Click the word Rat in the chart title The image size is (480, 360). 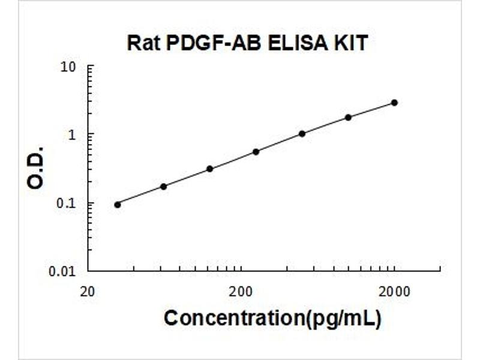click(143, 44)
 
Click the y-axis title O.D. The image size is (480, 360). click(37, 167)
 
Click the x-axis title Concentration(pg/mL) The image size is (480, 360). click(272, 318)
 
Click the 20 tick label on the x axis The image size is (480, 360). click(88, 292)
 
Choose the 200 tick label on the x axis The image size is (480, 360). click(241, 292)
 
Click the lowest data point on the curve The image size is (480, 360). click(118, 205)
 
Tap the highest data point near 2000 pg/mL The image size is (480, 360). click(394, 103)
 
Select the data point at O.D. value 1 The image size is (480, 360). click(302, 134)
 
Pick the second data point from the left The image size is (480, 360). click(163, 187)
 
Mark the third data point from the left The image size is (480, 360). click(209, 169)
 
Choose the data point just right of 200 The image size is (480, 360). click(256, 152)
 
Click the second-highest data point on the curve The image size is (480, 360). click(348, 118)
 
